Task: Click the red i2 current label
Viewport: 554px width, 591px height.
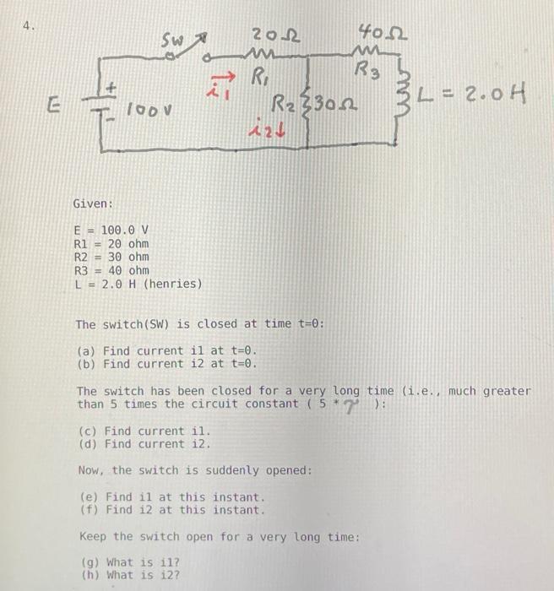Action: tap(264, 132)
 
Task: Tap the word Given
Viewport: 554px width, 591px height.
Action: tap(93, 203)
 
